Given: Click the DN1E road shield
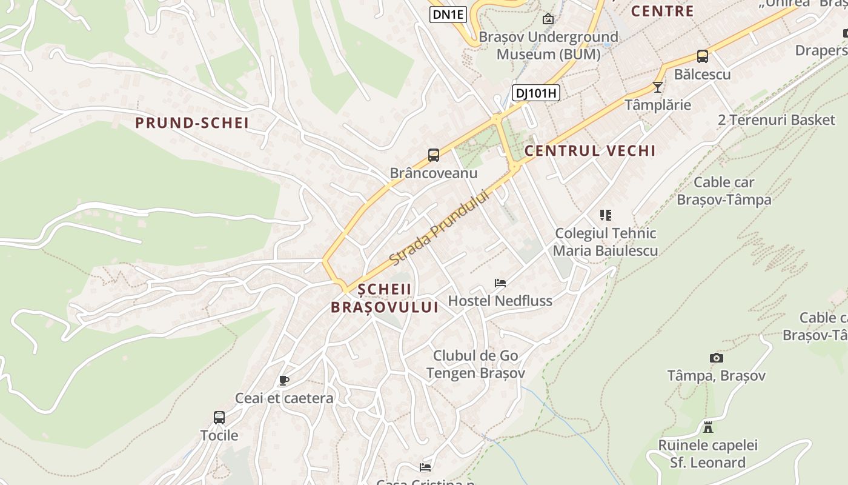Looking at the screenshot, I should click(x=448, y=15).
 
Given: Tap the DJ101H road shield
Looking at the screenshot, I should click(x=536, y=93).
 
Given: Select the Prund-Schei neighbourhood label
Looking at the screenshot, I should click(x=192, y=123).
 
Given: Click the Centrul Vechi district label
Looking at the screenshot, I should click(x=590, y=151).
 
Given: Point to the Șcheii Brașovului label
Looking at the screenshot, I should click(x=385, y=298).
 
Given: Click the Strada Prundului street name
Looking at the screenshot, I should click(x=439, y=228).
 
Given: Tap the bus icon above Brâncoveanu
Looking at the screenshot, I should click(x=434, y=155).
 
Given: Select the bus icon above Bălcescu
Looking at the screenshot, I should click(x=703, y=56).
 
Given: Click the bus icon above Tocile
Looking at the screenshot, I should click(x=219, y=418).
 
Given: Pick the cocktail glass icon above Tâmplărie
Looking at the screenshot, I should click(x=658, y=87).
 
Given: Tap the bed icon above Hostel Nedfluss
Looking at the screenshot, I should click(x=500, y=283).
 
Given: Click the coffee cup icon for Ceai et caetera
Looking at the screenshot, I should click(x=283, y=381).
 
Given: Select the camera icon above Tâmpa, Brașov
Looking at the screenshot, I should click(x=717, y=358).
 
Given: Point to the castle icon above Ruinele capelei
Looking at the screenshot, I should click(x=707, y=427).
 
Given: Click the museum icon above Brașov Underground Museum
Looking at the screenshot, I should click(x=548, y=19).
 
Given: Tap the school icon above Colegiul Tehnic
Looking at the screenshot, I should click(x=606, y=215).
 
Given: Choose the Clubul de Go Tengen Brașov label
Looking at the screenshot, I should click(x=475, y=364).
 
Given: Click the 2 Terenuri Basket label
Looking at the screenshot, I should click(x=777, y=120).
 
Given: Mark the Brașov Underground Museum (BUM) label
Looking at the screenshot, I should click(x=548, y=45).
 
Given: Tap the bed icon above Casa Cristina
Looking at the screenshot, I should click(x=425, y=467).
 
